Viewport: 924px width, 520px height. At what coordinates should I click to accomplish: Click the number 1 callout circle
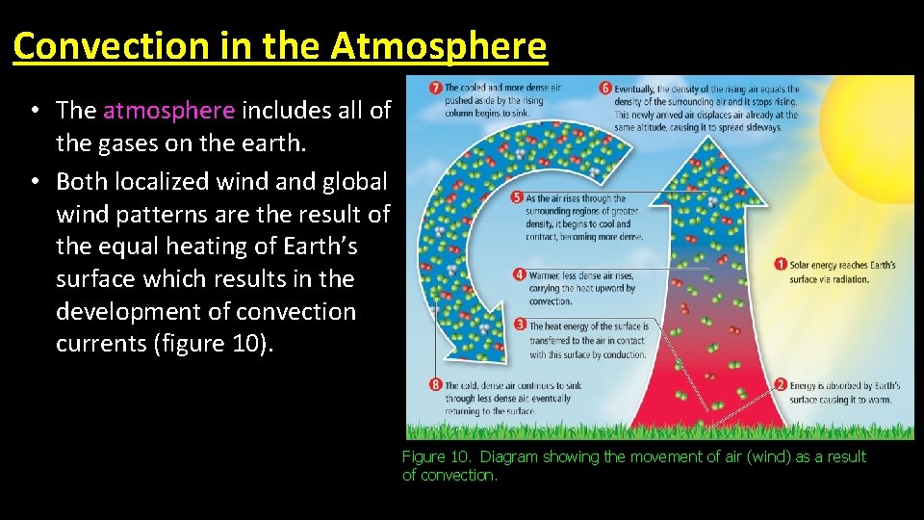782,264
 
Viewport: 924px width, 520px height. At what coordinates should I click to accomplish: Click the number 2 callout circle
782,385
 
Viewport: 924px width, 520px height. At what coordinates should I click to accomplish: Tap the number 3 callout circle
519,327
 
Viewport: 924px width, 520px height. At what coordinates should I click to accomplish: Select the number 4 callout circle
519,274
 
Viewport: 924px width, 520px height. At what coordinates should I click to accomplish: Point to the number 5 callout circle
519,198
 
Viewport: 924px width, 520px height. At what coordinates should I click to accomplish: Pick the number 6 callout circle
606,88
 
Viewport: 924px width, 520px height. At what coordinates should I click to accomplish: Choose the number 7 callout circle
436,88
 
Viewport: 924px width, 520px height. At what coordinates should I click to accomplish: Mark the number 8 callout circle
436,385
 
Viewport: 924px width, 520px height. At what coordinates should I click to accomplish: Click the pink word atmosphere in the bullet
168,111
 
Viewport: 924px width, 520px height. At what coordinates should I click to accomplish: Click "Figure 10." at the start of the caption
437,456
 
